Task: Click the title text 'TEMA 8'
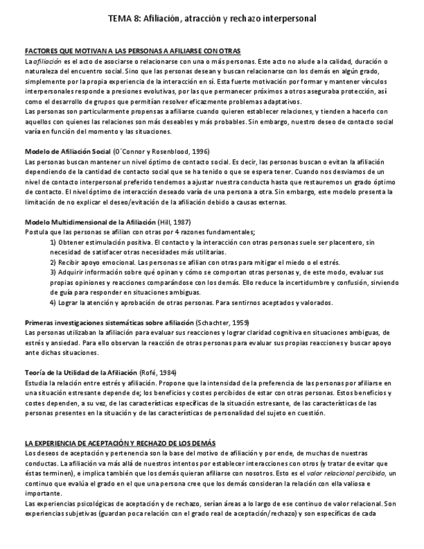122,19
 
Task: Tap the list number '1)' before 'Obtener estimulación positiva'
53,241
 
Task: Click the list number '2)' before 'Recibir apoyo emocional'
53,262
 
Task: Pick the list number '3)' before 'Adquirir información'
53,273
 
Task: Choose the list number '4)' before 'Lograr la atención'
53,302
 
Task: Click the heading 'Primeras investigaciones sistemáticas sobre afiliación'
108,322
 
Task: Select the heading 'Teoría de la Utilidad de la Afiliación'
81,373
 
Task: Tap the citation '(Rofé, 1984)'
158,373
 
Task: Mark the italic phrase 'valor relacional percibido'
346,473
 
